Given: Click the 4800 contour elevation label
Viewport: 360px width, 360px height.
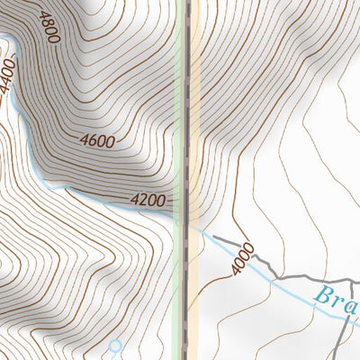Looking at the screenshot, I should tap(48, 26).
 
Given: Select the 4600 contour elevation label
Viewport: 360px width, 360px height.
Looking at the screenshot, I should tap(96, 140).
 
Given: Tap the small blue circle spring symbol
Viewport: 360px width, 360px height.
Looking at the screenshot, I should tap(114, 345).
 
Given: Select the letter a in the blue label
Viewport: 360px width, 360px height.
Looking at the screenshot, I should tap(350, 304).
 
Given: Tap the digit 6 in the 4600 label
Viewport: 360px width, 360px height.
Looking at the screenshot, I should tap(92, 140).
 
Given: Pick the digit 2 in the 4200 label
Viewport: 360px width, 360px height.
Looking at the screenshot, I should tap(142, 200).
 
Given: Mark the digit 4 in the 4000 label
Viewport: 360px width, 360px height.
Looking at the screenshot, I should tap(237, 269).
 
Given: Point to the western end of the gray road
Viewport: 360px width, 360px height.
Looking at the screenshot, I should tap(214, 238).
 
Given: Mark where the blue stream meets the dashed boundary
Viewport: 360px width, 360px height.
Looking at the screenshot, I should tap(187, 224).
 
